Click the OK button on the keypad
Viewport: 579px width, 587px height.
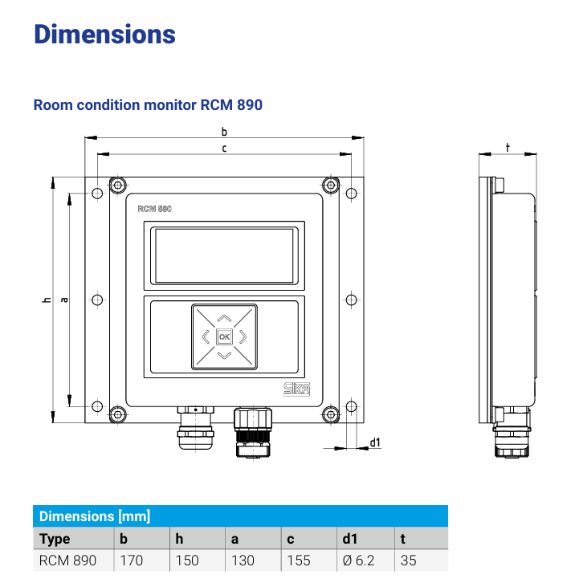click(224, 336)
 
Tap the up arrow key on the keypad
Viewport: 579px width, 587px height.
click(224, 317)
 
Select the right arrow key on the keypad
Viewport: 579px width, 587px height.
click(244, 336)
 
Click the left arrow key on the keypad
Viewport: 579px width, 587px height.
click(205, 336)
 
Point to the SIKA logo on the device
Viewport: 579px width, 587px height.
click(297, 389)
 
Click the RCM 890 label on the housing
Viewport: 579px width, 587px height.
click(154, 208)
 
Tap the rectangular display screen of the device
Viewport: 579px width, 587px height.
click(224, 255)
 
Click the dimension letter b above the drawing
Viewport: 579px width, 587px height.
click(224, 132)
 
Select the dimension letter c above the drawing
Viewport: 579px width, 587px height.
click(224, 148)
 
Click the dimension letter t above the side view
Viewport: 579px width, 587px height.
click(508, 148)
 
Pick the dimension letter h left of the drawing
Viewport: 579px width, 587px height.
click(47, 300)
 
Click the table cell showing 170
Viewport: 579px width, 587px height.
click(132, 561)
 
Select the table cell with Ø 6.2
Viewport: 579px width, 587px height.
click(358, 561)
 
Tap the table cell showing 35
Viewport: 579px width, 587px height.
click(409, 561)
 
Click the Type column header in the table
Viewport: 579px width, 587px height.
click(55, 539)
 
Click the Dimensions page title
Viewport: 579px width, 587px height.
click(104, 35)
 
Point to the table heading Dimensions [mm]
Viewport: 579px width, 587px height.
click(95, 516)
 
